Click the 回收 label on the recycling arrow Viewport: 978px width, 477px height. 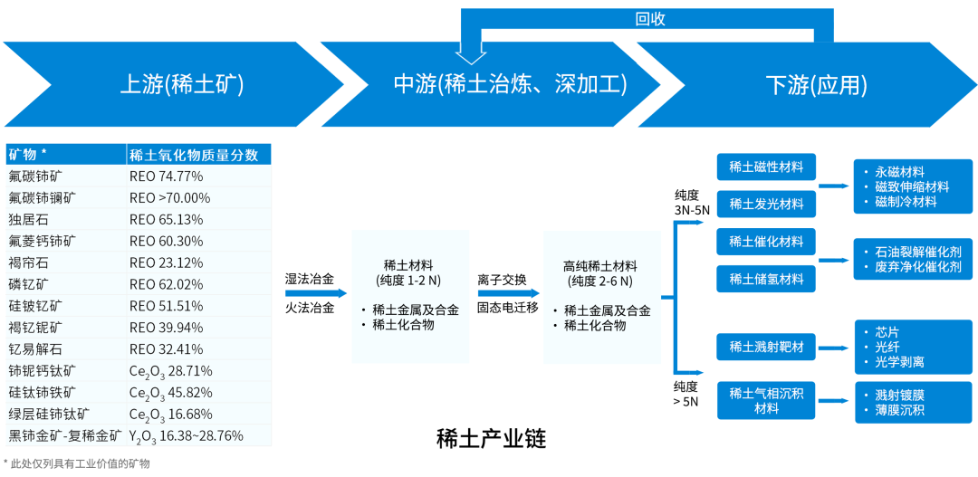coord(650,19)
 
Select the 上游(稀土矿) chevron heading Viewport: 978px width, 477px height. coord(182,85)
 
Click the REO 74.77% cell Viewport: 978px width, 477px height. coord(166,176)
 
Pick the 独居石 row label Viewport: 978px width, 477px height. coord(28,219)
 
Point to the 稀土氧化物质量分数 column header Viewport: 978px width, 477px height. coord(194,154)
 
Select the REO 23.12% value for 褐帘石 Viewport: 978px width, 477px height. coord(166,262)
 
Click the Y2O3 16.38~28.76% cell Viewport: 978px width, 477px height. coord(186,435)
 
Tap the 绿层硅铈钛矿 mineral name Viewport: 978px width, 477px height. coord(49,414)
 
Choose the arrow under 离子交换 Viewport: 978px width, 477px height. coord(508,293)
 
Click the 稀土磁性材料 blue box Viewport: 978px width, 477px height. coord(766,167)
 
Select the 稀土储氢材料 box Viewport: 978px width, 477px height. coord(766,279)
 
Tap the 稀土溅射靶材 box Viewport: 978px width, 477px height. coord(766,346)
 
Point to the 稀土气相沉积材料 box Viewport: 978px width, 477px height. coord(766,400)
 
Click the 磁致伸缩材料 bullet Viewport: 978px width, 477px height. coord(912,186)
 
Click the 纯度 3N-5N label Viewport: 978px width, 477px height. coord(692,202)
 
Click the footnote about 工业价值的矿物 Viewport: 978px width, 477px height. coord(77,463)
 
